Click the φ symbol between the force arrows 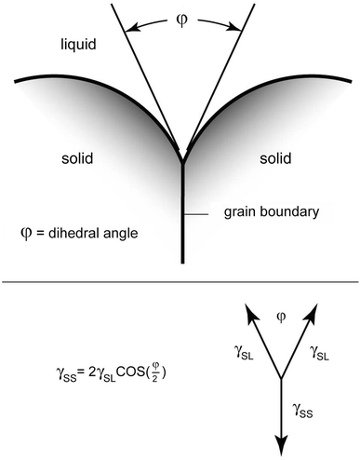click(279, 318)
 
